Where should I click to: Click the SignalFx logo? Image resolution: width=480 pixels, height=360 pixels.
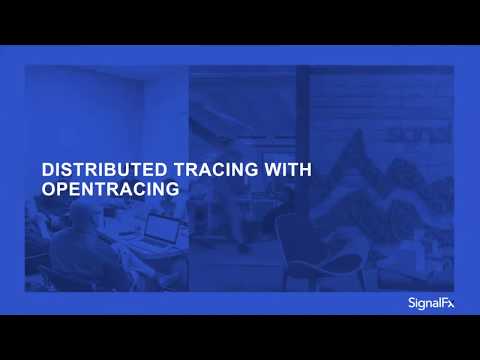[430, 302]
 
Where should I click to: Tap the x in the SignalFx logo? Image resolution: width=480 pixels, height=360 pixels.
[450, 302]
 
